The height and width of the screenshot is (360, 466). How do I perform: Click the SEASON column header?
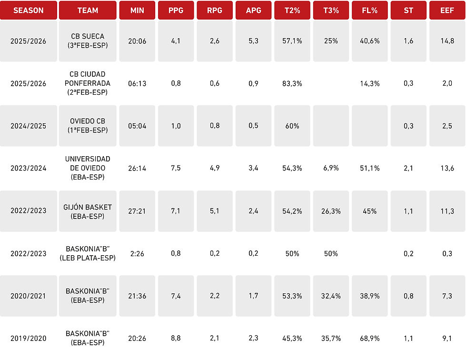[x=29, y=10]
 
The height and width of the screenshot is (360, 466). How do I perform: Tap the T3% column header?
[x=331, y=10]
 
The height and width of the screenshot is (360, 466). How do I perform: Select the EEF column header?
[x=447, y=10]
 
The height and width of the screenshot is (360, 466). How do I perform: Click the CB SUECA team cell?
[x=88, y=41]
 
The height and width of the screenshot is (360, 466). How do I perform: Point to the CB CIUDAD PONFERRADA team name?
[x=88, y=83]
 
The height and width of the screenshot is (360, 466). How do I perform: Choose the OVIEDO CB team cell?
[x=88, y=126]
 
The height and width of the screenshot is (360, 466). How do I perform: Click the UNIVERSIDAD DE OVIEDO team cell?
[x=88, y=168]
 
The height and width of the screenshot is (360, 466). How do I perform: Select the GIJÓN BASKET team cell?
[x=88, y=211]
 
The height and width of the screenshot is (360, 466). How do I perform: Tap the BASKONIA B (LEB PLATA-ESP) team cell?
[x=88, y=253]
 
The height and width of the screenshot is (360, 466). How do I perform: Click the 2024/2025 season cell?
[x=29, y=126]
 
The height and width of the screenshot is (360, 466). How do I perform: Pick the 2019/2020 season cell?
[x=29, y=338]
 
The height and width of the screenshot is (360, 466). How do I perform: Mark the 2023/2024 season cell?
[x=29, y=168]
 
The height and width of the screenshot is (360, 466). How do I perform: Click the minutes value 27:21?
[x=137, y=211]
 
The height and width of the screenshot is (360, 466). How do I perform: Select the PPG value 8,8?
[x=176, y=338]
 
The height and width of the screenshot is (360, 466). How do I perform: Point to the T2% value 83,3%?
[x=292, y=83]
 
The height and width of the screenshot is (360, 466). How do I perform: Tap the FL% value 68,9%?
[x=370, y=338]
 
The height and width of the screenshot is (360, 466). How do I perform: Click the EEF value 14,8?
[x=447, y=41]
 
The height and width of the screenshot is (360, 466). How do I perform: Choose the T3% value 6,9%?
[x=331, y=168]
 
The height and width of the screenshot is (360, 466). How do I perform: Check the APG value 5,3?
[x=254, y=41]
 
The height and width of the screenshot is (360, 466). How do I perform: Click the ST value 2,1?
[x=408, y=168]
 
